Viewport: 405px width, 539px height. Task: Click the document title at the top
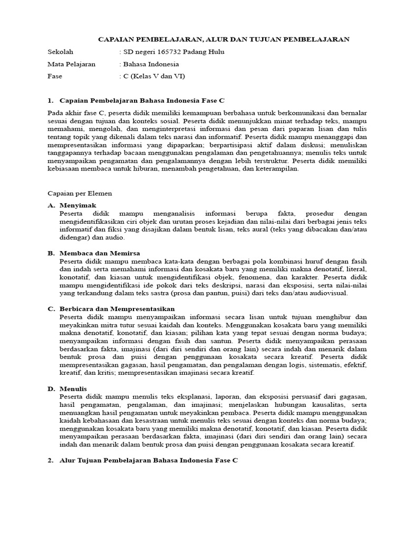(x=224, y=39)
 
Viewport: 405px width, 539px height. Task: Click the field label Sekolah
(x=60, y=53)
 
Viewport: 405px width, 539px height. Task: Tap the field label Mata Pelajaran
(x=71, y=64)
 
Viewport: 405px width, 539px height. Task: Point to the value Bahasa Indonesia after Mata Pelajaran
(x=151, y=64)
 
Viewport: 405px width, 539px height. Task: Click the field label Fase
(x=55, y=76)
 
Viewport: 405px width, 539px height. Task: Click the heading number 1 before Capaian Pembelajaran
(x=50, y=100)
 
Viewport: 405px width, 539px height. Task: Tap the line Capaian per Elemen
(x=80, y=193)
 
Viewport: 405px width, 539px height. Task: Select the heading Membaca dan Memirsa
(x=100, y=253)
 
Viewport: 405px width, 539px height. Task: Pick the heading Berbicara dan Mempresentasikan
(x=117, y=308)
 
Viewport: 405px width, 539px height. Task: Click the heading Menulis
(x=73, y=388)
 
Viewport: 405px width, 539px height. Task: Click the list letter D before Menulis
(x=51, y=388)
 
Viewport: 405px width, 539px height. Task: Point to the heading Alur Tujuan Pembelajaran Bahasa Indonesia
(x=149, y=460)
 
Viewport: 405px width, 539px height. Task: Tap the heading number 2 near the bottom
(x=50, y=460)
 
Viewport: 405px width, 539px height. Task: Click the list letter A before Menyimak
(x=51, y=205)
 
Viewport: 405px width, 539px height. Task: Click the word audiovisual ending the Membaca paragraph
(x=325, y=293)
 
